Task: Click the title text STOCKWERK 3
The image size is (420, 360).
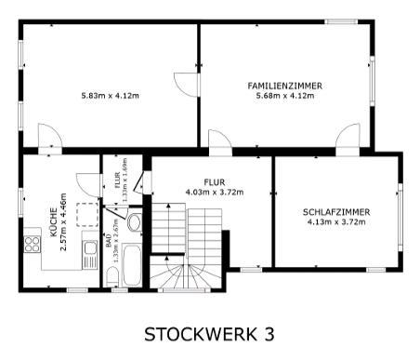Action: (209, 333)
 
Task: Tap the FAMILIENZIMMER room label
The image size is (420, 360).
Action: (284, 86)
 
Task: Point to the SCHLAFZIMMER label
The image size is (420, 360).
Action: (336, 212)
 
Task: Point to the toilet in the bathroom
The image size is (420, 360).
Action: (133, 223)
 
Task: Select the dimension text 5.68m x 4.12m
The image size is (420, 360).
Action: (284, 96)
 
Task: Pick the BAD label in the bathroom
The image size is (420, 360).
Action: (109, 238)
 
